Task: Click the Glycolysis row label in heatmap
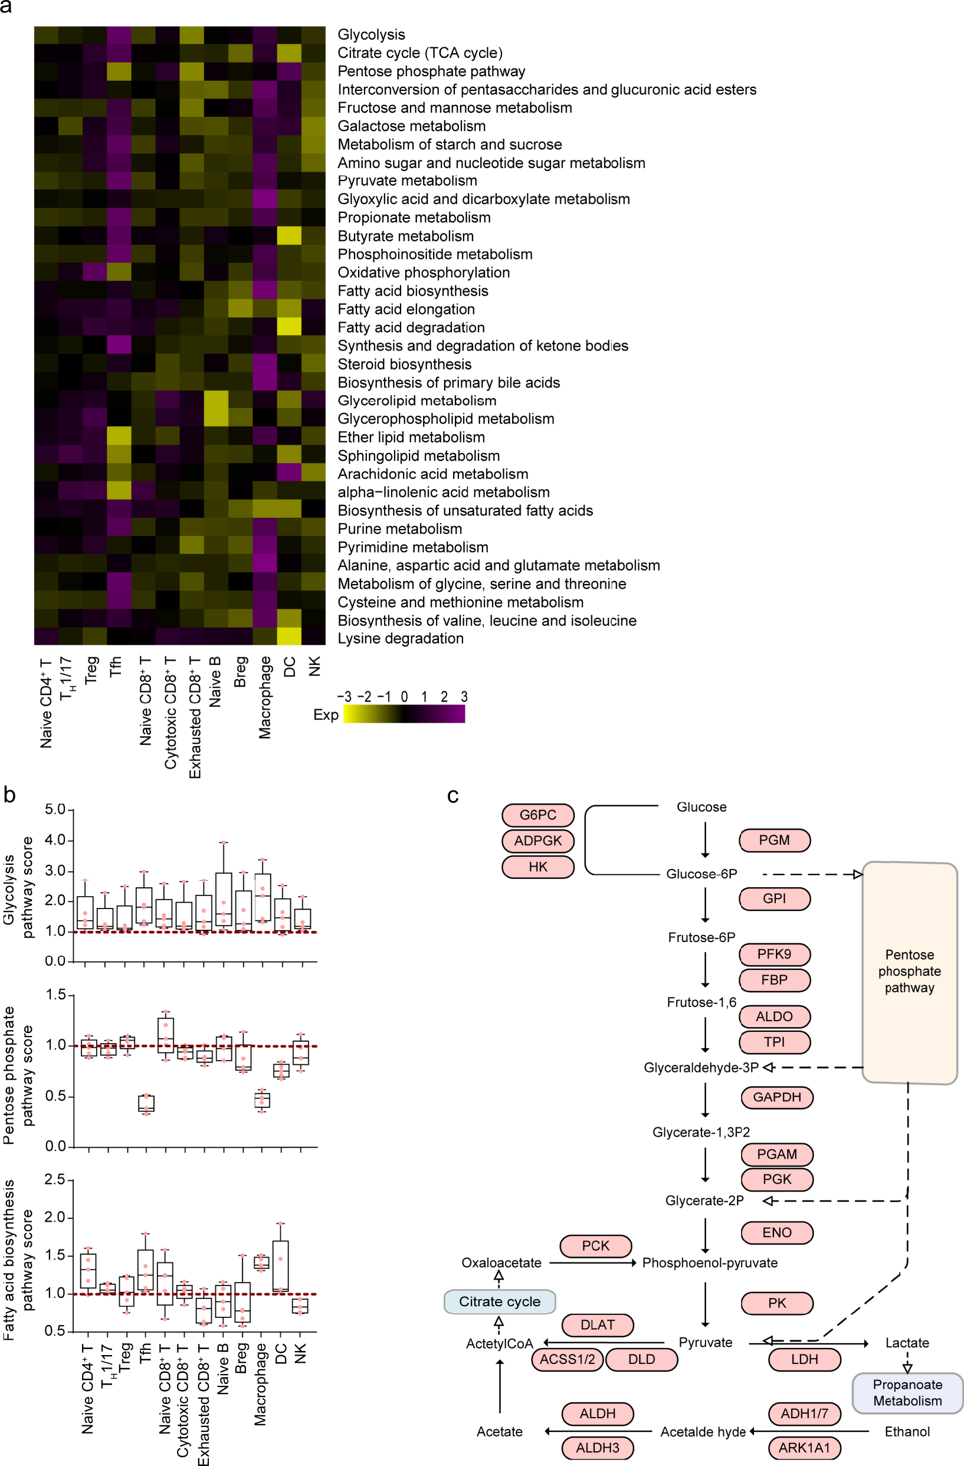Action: point(371,34)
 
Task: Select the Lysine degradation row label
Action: point(401,638)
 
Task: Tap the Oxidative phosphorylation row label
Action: point(423,273)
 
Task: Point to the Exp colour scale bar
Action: point(404,714)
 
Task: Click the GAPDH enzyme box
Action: point(777,1097)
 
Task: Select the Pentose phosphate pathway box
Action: point(909,972)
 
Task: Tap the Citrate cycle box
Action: point(500,1301)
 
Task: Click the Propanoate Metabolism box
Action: point(907,1393)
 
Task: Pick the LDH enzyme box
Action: point(804,1359)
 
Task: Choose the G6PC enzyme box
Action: point(537,815)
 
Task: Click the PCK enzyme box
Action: point(595,1245)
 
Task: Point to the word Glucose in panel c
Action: point(701,807)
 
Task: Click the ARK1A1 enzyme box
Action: point(804,1448)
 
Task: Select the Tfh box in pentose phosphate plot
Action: point(146,1103)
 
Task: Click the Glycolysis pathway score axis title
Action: point(17,888)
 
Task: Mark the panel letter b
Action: point(9,795)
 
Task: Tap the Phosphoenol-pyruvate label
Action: point(710,1262)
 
